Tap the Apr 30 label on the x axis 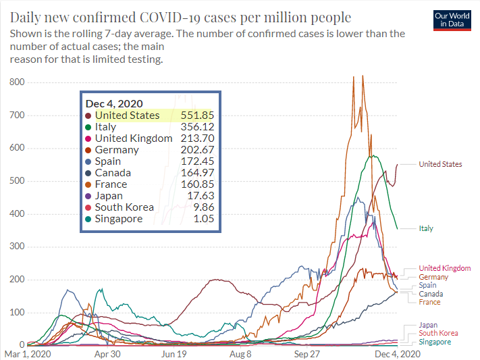click(x=107, y=353)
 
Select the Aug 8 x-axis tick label click(x=240, y=353)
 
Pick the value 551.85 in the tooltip click(x=197, y=115)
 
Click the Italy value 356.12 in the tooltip click(x=197, y=127)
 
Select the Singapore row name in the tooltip click(x=119, y=219)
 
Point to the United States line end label click(x=440, y=164)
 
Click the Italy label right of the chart click(x=426, y=228)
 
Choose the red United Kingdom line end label click(x=445, y=268)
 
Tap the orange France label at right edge click(x=429, y=302)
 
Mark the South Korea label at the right click(x=438, y=333)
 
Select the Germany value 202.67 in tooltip click(x=197, y=150)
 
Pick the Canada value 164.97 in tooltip click(x=197, y=173)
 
